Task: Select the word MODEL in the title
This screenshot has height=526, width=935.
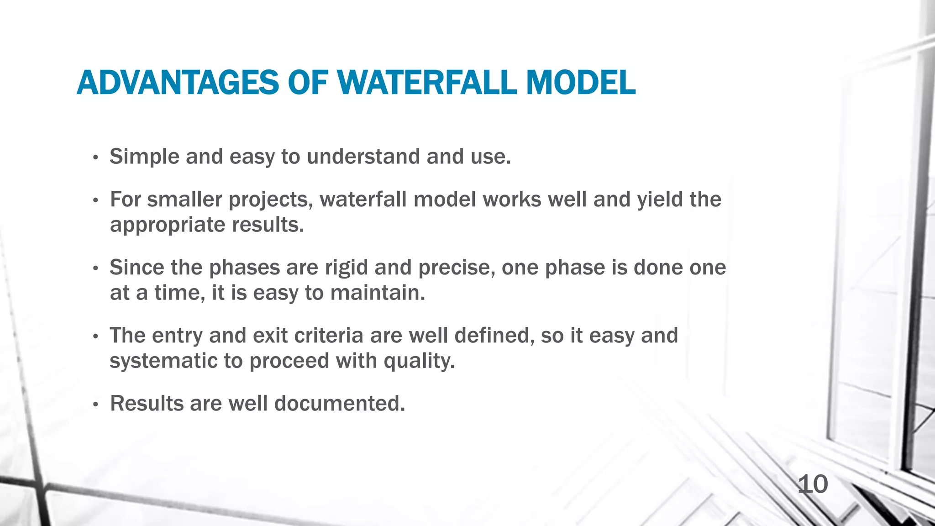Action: click(x=580, y=83)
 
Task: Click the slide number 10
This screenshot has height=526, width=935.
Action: click(x=813, y=484)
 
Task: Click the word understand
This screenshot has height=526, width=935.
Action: click(x=363, y=157)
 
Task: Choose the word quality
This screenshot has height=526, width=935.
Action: click(x=419, y=361)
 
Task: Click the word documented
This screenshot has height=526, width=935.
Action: click(x=339, y=404)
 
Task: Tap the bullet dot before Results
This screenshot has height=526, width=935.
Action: click(x=95, y=405)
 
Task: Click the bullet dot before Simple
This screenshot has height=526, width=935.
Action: click(x=95, y=158)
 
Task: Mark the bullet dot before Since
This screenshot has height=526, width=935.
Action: click(x=95, y=269)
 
